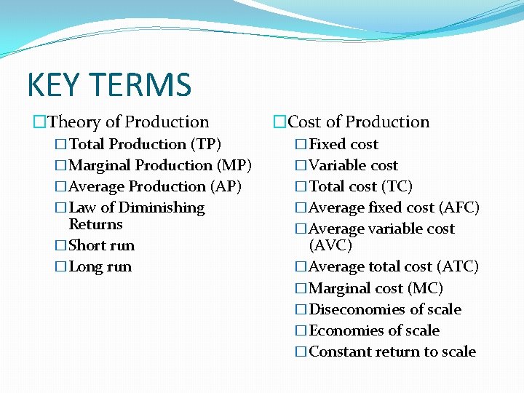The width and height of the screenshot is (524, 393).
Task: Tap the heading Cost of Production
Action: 359,122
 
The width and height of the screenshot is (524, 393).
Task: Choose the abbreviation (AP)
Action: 226,186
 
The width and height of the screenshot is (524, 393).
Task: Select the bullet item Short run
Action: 101,245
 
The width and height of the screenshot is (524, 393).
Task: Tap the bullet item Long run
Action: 100,266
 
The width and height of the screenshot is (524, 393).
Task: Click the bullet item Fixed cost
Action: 344,144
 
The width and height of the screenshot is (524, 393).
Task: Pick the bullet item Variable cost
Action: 354,165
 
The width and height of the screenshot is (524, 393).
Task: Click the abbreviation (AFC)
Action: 460,207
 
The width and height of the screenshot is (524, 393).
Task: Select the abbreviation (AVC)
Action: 330,245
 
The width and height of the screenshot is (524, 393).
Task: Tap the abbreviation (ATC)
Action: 459,266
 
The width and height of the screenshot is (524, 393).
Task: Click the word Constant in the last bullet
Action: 338,352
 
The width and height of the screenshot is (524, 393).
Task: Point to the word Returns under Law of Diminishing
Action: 95,224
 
